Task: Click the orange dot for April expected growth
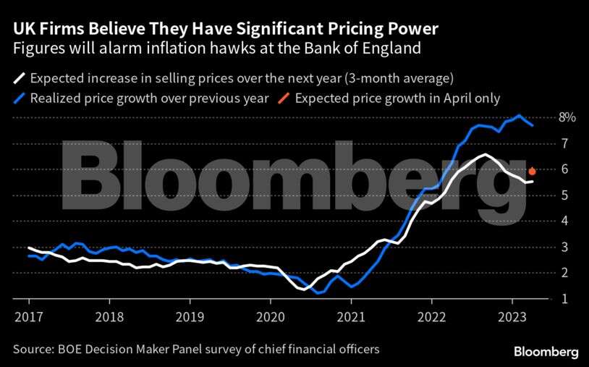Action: click(532, 172)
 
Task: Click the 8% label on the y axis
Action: click(567, 117)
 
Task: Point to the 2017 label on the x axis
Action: click(29, 316)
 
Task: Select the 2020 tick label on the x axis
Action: click(270, 316)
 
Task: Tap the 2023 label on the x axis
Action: click(512, 316)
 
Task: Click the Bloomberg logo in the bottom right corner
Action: click(546, 352)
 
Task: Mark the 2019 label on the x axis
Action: click(190, 316)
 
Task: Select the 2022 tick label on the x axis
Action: click(431, 316)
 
